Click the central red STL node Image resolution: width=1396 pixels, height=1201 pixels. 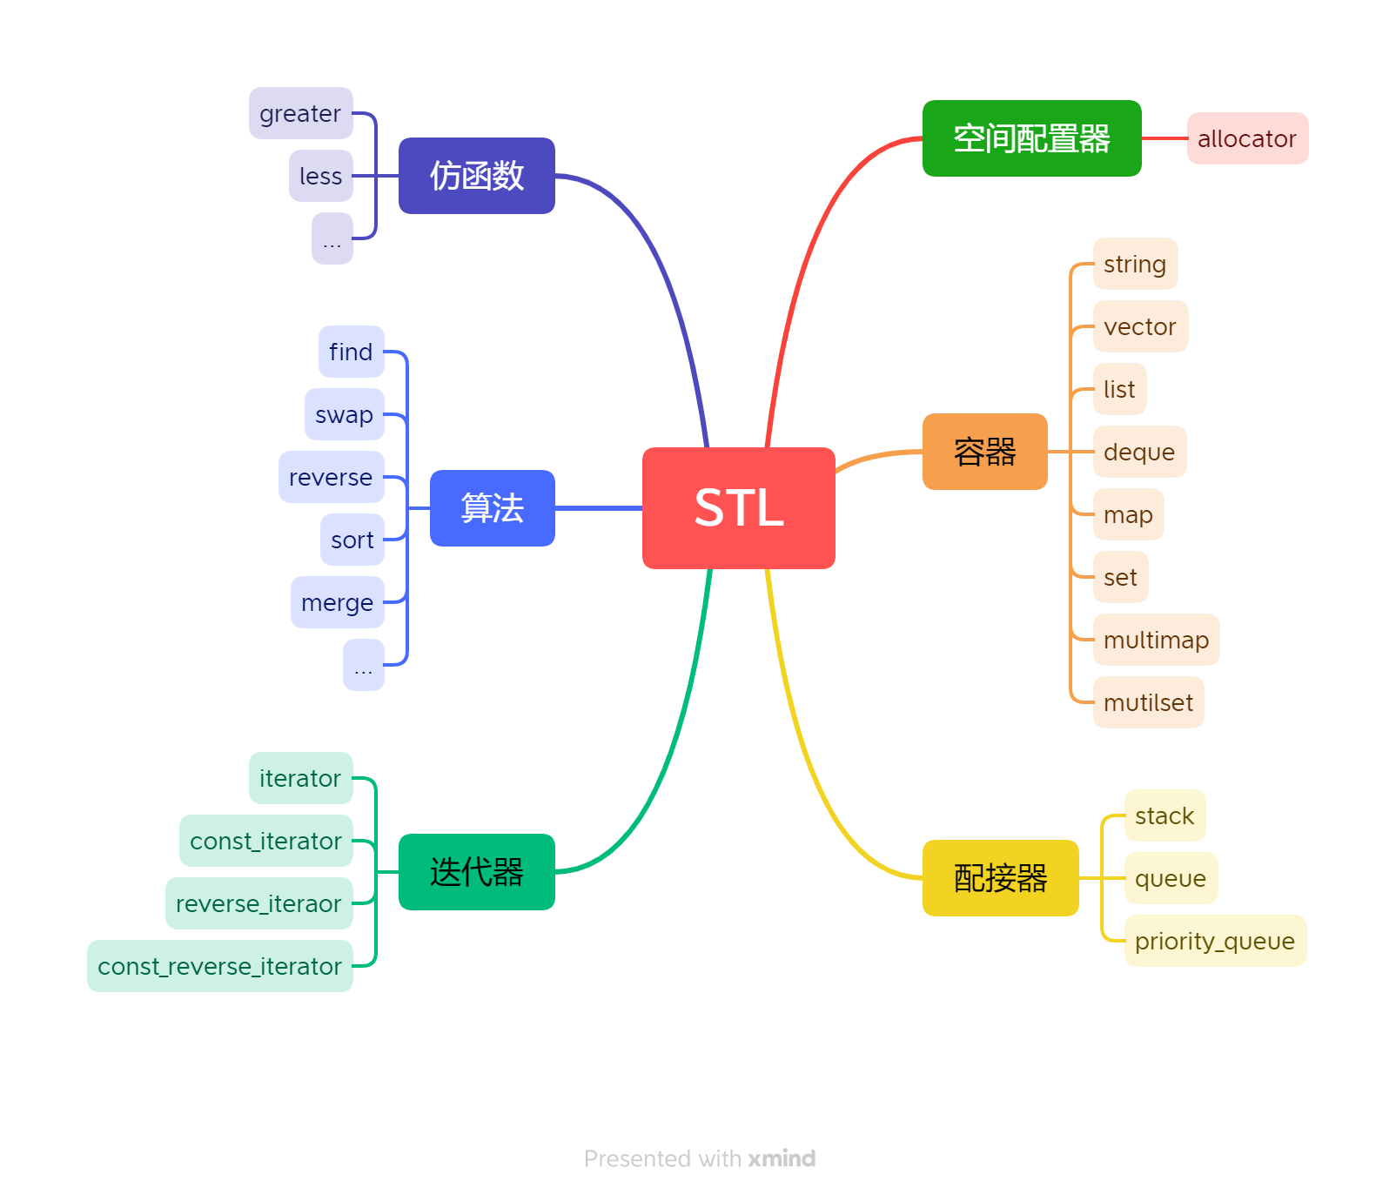pos(738,508)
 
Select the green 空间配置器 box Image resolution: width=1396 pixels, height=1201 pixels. pos(1031,138)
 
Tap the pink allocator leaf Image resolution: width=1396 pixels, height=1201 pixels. pos(1247,138)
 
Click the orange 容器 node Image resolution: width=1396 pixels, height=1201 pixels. pos(984,452)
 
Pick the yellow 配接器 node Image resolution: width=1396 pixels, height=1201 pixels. pos(1000,878)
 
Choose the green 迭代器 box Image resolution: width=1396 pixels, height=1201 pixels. pos(476,872)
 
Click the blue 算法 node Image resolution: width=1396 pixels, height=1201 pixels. pos(492,508)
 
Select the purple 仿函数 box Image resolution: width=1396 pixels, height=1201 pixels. pos(476,176)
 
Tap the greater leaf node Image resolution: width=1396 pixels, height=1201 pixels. pos(300,113)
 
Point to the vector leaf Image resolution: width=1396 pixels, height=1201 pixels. pos(1140,326)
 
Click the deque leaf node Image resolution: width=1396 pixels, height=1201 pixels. pos(1139,452)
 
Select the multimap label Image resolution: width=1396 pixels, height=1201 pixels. pos(1156,640)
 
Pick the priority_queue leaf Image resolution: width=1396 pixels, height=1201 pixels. pos(1215,941)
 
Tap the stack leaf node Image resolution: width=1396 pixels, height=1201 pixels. pos(1164,815)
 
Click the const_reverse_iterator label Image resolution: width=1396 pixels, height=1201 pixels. pos(220,966)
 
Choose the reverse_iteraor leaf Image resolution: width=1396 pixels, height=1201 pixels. pos(258,903)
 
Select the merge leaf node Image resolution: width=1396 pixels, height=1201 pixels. pos(337,602)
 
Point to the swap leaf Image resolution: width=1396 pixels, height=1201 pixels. pos(344,414)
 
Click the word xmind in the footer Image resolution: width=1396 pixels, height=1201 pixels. pos(782,1158)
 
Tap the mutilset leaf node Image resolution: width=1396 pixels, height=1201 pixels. pos(1148,702)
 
